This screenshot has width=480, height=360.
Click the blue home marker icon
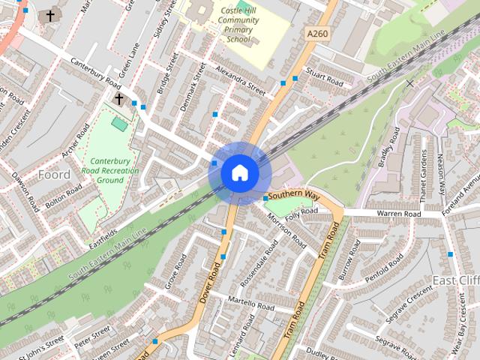pos(240,173)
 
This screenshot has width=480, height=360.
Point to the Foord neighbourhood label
pos(54,175)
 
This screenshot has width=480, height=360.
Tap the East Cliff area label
pos(455,280)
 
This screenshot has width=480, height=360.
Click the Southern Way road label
pos(294,196)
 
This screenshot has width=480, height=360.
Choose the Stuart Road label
pos(325,78)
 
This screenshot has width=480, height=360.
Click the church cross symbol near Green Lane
pos(118,99)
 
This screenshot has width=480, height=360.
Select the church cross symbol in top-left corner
pos(50,16)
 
